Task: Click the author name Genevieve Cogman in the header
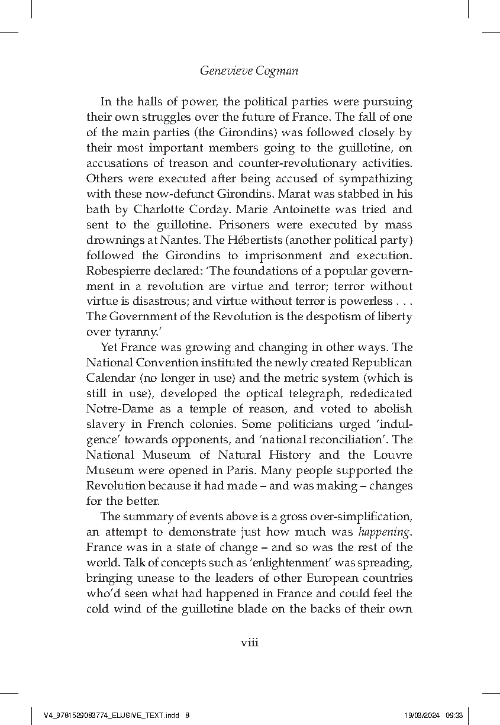click(x=249, y=70)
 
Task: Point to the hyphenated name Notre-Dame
click(x=118, y=409)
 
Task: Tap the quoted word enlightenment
click(x=259, y=563)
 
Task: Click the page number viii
click(x=249, y=642)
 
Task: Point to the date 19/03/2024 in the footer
click(x=423, y=715)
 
